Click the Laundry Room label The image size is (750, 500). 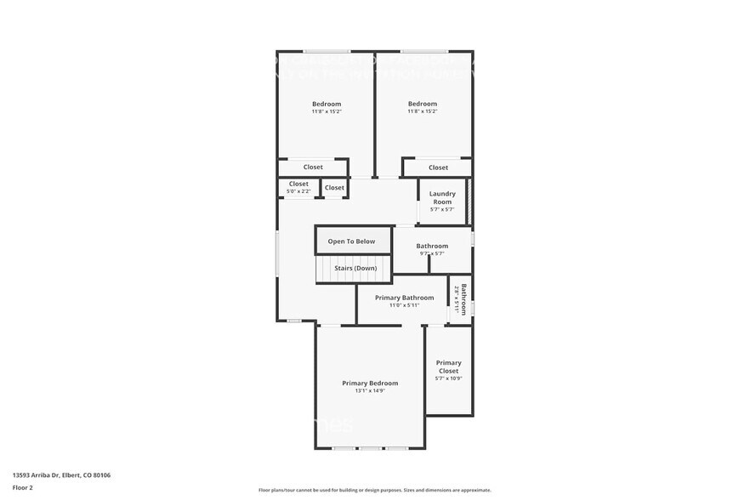(x=442, y=197)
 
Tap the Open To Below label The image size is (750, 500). (x=351, y=241)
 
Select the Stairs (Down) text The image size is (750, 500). (x=355, y=268)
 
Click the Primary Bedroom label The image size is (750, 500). (x=370, y=384)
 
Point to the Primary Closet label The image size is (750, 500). (x=448, y=366)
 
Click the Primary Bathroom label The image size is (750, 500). (x=405, y=298)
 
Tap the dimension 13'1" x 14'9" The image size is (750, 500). (x=370, y=391)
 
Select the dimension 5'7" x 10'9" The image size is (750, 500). (x=448, y=378)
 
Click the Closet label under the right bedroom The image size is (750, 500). (x=438, y=168)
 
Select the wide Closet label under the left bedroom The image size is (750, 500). (x=313, y=167)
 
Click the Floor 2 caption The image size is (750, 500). (x=22, y=487)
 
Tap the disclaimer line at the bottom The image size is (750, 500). (x=374, y=491)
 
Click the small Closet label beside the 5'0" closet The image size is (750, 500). (x=334, y=187)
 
